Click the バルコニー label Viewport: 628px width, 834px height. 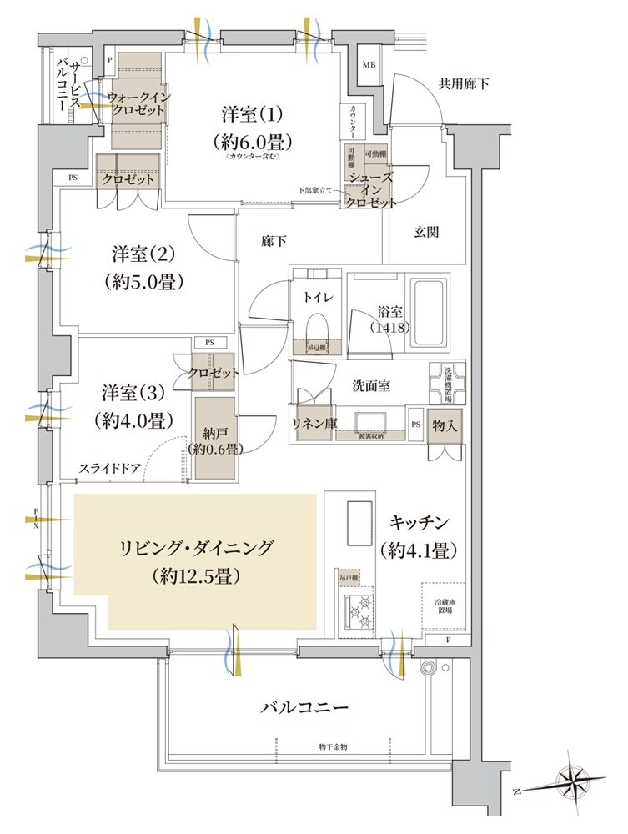[x=304, y=707]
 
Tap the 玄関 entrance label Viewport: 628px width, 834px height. [x=425, y=234]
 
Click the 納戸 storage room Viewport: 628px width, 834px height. [x=217, y=438]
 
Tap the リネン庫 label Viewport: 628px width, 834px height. [x=314, y=423]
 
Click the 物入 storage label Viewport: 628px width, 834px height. [x=443, y=425]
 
